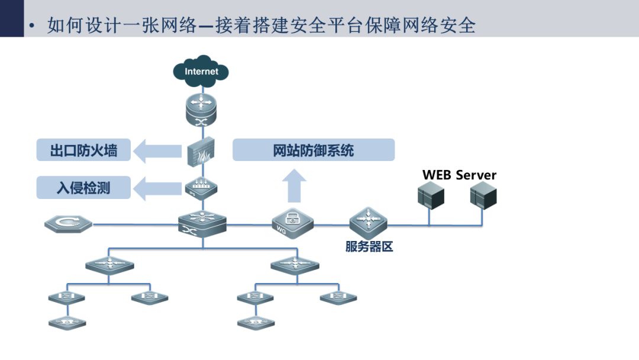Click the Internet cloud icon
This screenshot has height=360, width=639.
click(201, 71)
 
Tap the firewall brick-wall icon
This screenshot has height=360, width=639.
click(201, 152)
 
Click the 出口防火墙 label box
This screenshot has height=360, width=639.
click(83, 150)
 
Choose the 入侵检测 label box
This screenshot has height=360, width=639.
click(83, 188)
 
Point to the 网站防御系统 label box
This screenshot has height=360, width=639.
click(314, 150)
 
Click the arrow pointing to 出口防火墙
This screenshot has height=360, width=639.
click(157, 151)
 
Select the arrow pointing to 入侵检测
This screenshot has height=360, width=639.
click(157, 188)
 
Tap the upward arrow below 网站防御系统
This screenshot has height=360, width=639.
click(294, 186)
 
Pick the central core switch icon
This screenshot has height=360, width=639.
click(202, 224)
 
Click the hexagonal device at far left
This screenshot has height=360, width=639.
click(68, 224)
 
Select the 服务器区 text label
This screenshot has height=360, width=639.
click(369, 247)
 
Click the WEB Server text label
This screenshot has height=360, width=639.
click(459, 175)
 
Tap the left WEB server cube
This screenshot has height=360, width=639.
click(431, 195)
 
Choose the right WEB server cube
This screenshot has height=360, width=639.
click(483, 195)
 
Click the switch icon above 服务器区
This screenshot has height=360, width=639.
click(369, 223)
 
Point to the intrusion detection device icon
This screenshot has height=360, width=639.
click(201, 188)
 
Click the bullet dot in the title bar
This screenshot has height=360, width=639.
click(32, 26)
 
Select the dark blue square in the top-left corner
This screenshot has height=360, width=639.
click(12, 18)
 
